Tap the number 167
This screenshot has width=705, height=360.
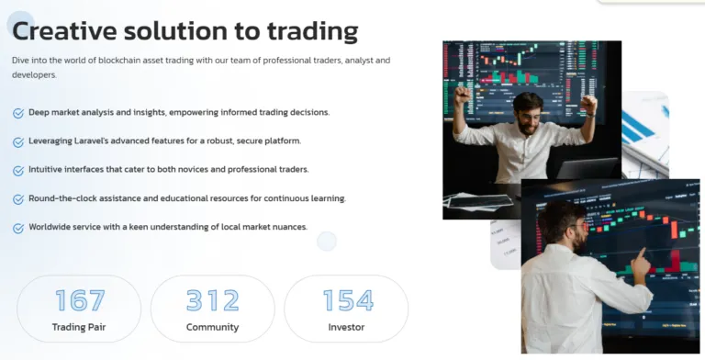tap(80, 300)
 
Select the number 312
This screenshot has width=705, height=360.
tap(212, 300)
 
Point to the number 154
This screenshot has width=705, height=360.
tap(347, 300)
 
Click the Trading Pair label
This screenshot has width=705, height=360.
tap(79, 327)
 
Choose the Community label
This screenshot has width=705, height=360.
tap(212, 327)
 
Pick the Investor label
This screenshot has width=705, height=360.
tap(346, 327)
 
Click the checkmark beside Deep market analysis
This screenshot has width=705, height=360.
tap(18, 113)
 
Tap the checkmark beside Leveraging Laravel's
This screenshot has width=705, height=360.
tap(18, 142)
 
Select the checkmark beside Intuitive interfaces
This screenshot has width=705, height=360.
tap(18, 171)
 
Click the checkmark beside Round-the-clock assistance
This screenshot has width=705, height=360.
tap(18, 199)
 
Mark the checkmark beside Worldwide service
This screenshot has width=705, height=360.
tap(18, 228)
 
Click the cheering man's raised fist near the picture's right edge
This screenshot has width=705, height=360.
tap(588, 102)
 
